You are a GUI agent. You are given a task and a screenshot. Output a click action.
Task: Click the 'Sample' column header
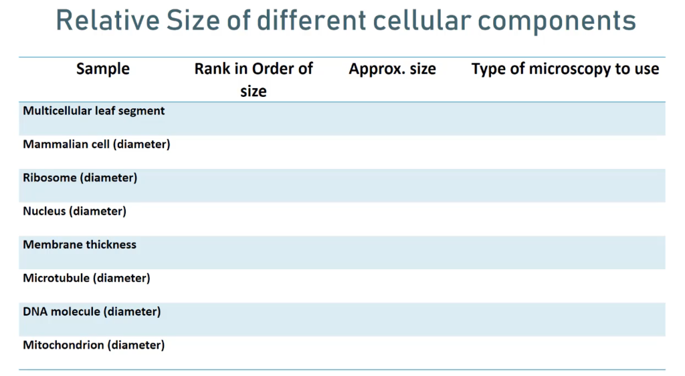point(103,69)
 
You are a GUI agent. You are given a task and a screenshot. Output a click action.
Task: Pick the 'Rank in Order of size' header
point(254,79)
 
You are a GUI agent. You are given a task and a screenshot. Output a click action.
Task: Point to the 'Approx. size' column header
point(392,69)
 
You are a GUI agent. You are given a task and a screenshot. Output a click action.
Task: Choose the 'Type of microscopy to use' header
point(565,69)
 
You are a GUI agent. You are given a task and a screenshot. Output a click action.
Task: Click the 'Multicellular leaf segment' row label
point(94,111)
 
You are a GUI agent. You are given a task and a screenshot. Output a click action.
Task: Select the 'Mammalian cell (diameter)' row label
point(96,144)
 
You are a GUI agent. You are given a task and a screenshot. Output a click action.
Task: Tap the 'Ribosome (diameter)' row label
point(80,178)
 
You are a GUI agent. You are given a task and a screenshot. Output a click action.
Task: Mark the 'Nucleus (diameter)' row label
point(74,211)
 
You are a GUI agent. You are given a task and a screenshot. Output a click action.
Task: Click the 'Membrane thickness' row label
point(80,244)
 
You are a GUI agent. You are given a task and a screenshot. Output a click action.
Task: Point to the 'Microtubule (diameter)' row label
point(86,278)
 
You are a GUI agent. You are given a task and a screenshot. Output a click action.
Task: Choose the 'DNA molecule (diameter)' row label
point(92,311)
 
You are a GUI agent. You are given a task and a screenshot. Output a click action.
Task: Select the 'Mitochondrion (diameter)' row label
point(94,345)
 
